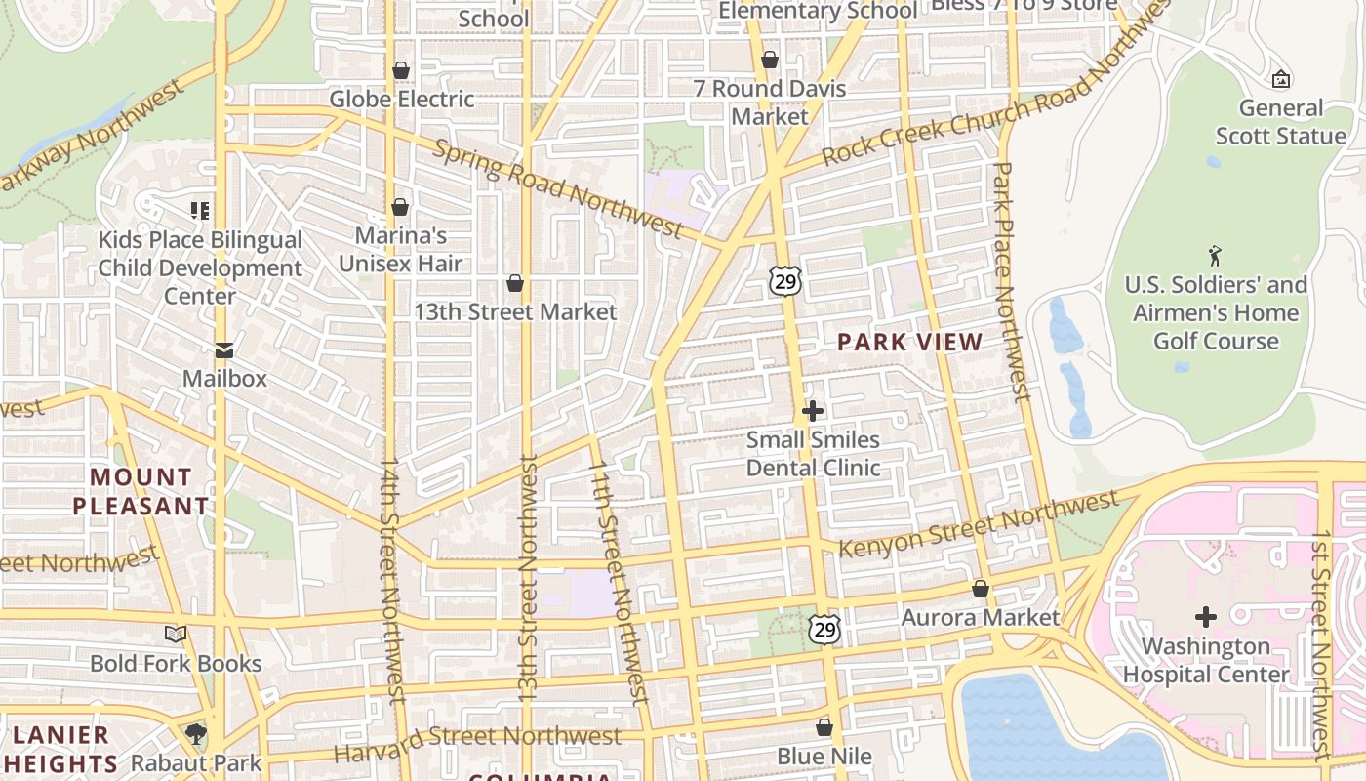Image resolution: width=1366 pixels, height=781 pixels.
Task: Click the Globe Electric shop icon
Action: (x=400, y=71)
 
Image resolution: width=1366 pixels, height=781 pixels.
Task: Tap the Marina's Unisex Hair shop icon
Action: (x=399, y=207)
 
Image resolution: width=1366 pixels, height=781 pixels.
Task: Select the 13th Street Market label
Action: (x=515, y=312)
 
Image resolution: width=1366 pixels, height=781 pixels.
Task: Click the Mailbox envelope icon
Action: (x=224, y=350)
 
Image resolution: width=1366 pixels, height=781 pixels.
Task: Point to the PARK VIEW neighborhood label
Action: (x=909, y=342)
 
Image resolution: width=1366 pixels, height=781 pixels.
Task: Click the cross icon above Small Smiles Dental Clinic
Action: (x=812, y=411)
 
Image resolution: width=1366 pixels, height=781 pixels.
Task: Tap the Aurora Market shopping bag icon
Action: (x=981, y=590)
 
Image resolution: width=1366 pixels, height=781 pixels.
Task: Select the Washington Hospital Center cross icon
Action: (x=1206, y=617)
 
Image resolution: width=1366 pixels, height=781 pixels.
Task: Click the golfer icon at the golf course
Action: (x=1215, y=256)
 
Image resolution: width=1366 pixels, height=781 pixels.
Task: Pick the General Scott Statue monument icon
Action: (x=1281, y=79)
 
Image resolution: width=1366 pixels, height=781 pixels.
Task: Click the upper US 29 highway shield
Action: (x=784, y=281)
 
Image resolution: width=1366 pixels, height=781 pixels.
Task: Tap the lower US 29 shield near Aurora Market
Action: (x=824, y=629)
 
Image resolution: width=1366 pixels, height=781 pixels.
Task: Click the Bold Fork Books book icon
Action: (x=176, y=635)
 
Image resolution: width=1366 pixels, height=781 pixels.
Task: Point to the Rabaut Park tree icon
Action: (x=196, y=734)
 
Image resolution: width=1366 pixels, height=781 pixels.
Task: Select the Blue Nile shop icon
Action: (x=824, y=728)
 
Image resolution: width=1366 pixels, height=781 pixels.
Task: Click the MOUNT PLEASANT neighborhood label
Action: (x=141, y=491)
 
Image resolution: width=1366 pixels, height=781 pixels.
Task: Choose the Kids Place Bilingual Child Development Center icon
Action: (x=200, y=210)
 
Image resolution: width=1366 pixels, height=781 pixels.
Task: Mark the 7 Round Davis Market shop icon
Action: (x=770, y=61)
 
